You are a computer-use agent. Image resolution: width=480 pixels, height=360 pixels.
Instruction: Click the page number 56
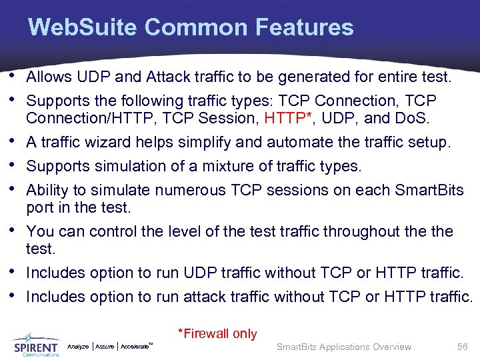click(x=462, y=347)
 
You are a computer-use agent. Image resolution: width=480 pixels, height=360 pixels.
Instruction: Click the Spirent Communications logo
click(x=36, y=345)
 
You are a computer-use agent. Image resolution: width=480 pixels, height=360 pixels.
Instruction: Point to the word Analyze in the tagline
click(x=78, y=347)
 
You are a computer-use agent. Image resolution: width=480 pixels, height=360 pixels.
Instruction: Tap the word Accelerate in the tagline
click(x=135, y=347)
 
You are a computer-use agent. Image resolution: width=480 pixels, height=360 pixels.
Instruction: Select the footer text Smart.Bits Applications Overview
click(x=344, y=347)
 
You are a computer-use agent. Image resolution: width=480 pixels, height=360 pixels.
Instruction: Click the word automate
click(x=297, y=142)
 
